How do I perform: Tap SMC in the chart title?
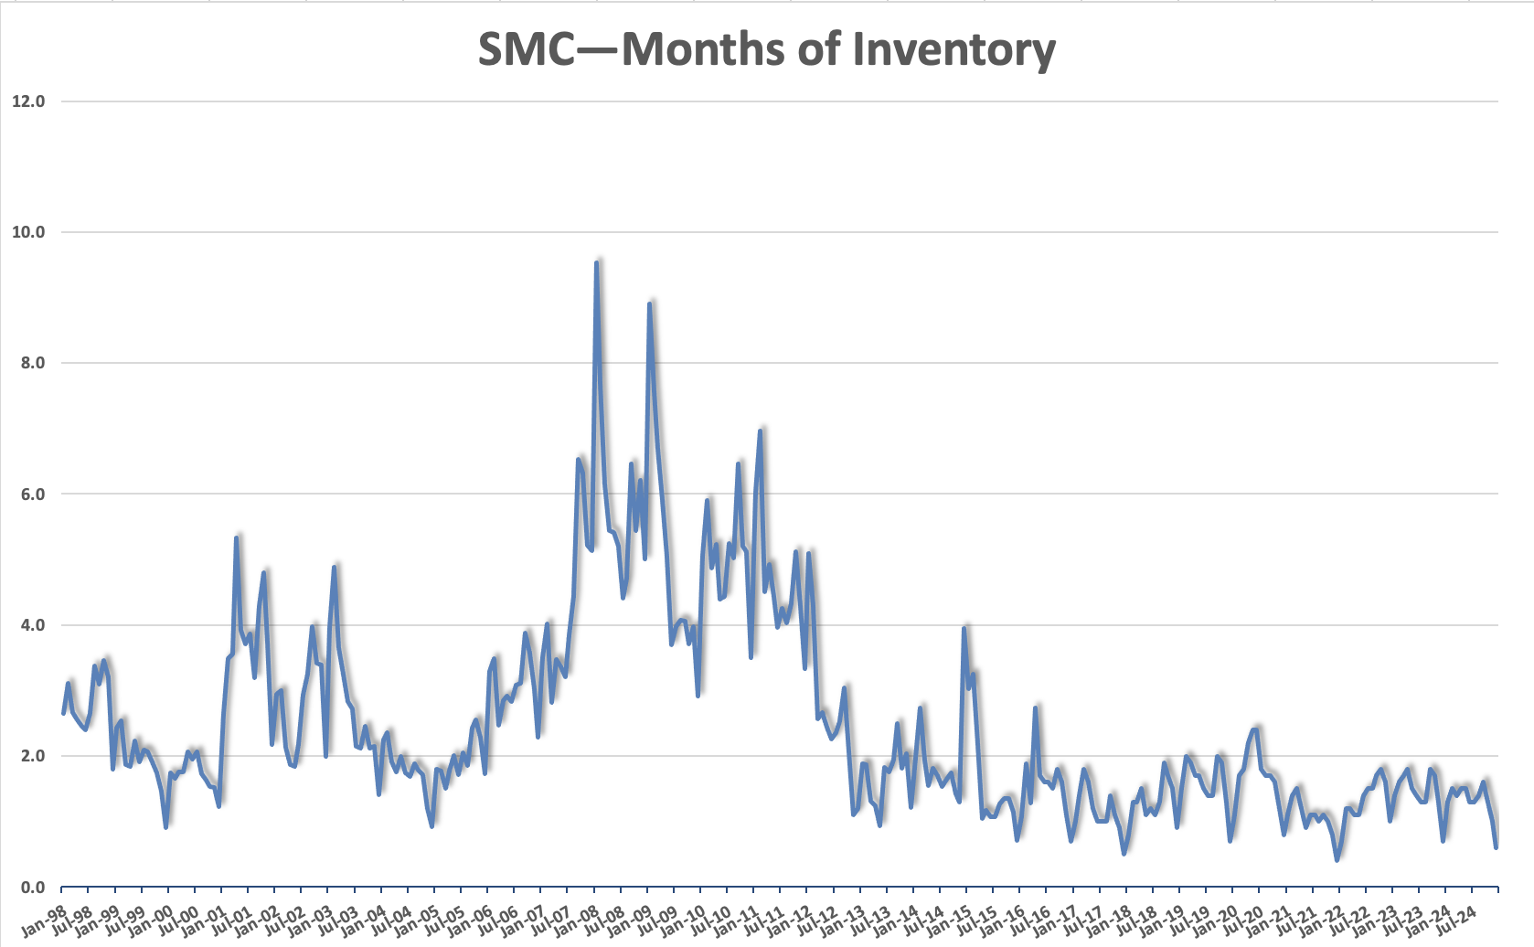(526, 49)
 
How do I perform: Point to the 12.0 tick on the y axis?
(28, 101)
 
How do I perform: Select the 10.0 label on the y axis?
(28, 232)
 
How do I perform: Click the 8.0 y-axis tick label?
(32, 363)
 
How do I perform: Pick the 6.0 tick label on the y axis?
(32, 495)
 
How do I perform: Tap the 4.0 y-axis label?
(32, 625)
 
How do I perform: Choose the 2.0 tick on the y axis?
(32, 756)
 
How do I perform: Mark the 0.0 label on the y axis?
(32, 888)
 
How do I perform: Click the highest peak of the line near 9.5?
(596, 263)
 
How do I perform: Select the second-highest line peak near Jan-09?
(649, 303)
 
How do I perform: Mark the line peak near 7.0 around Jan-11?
(761, 431)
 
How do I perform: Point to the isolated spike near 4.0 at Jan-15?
(964, 628)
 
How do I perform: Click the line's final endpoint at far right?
(1497, 847)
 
